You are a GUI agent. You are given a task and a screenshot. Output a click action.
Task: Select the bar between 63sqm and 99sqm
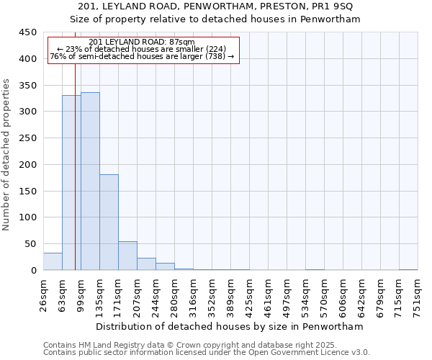71,183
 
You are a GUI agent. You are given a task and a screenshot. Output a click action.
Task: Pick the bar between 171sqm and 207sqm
127,256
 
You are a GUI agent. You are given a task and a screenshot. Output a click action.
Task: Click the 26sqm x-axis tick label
43,295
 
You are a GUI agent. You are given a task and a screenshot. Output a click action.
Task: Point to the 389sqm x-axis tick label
230,295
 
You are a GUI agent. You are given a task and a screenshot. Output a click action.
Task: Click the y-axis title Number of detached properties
7,155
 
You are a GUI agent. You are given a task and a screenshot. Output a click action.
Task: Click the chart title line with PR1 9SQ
215,6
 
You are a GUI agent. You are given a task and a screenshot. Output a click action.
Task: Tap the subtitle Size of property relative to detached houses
215,19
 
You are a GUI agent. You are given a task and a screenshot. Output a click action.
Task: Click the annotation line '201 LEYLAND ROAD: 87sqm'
142,42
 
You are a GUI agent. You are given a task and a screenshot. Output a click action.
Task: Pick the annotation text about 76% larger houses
142,56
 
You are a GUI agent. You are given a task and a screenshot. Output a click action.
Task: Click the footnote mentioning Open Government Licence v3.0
207,352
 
